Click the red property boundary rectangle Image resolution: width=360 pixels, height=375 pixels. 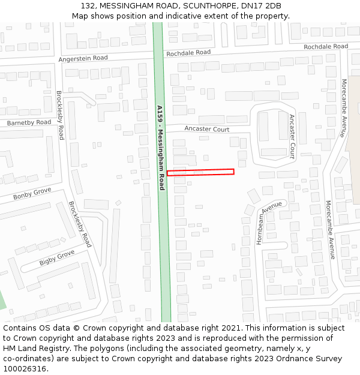[200, 172]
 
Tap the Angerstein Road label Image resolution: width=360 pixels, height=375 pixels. [83, 58]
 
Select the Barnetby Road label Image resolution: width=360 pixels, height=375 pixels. [29, 123]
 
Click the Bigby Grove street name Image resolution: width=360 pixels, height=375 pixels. [57, 258]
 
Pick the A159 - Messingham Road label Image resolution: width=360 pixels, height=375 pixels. [160, 148]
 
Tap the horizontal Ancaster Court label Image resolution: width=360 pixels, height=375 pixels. [207, 129]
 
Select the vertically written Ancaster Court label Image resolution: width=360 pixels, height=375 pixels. [292, 136]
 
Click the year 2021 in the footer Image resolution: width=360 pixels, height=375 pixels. [229, 328]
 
